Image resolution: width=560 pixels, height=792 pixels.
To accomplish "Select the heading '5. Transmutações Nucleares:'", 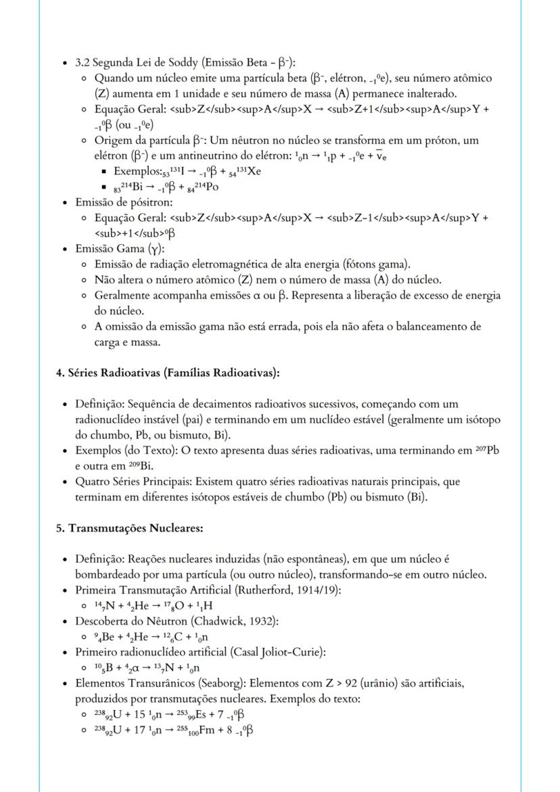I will tap(129, 528).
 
